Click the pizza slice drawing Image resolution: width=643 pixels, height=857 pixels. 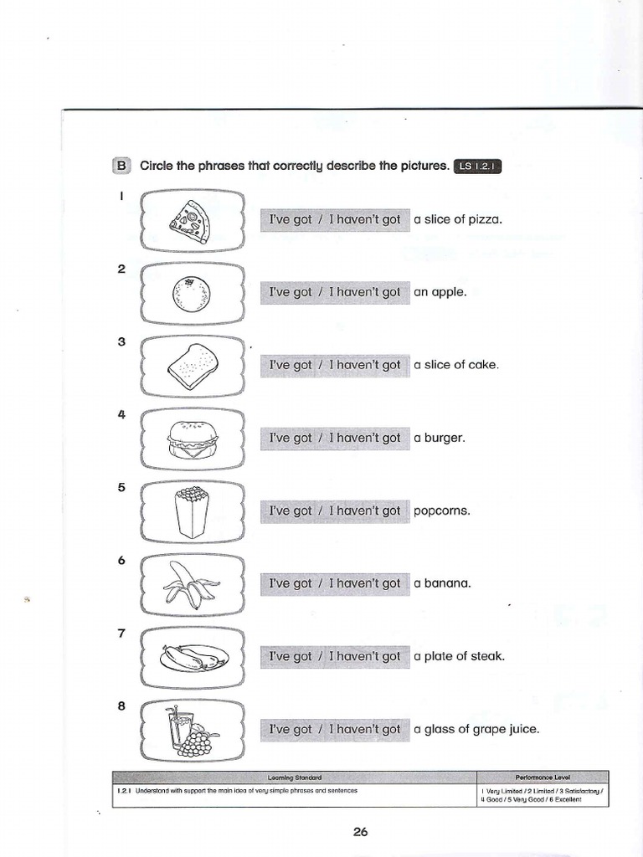192,219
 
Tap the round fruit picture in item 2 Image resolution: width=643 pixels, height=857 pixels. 191,294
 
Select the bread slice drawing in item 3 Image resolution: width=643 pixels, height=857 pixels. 193,366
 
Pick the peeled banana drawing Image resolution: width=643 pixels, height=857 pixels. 192,584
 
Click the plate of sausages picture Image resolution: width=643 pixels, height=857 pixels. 193,658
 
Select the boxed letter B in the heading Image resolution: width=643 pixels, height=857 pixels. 121,166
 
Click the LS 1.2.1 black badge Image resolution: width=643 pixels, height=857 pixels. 477,167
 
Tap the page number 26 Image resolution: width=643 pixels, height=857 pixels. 361,831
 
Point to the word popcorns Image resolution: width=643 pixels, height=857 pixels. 442,511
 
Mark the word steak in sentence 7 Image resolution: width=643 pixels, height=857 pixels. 488,656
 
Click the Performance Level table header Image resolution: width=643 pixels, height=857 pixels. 542,777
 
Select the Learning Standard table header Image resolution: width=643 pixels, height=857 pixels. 293,777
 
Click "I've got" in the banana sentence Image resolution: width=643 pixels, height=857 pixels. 290,584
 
